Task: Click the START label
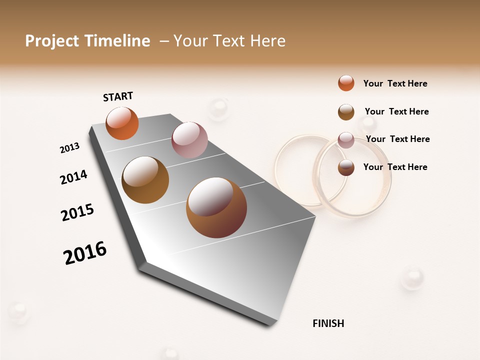pos(118,96)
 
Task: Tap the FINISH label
pos(328,323)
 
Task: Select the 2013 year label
pos(69,148)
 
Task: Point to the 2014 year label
pos(73,177)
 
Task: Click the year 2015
pos(77,212)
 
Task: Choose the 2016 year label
pos(85,253)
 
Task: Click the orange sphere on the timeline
pos(122,123)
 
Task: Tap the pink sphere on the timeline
pos(189,140)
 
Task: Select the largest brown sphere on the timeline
pos(216,207)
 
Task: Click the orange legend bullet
pos(346,83)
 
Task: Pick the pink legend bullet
pos(346,140)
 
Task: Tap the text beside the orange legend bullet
pos(395,83)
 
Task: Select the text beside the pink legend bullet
pos(397,139)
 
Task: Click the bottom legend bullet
pos(346,167)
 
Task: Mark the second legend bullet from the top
pos(346,112)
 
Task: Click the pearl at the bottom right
pos(412,277)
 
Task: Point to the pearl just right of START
pos(218,108)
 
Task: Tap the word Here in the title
pos(267,41)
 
